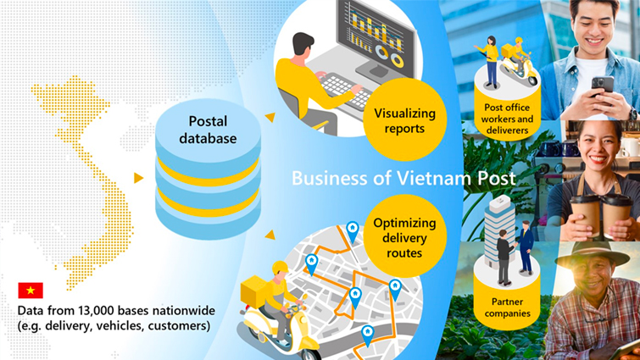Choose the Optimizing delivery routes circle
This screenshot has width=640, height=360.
coord(404,235)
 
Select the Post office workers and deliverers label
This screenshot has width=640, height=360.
coord(507,119)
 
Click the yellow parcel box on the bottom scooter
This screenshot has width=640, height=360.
coord(253,291)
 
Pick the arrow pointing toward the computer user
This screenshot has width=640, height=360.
coord(270,117)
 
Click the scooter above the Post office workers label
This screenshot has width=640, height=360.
coord(519,66)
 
